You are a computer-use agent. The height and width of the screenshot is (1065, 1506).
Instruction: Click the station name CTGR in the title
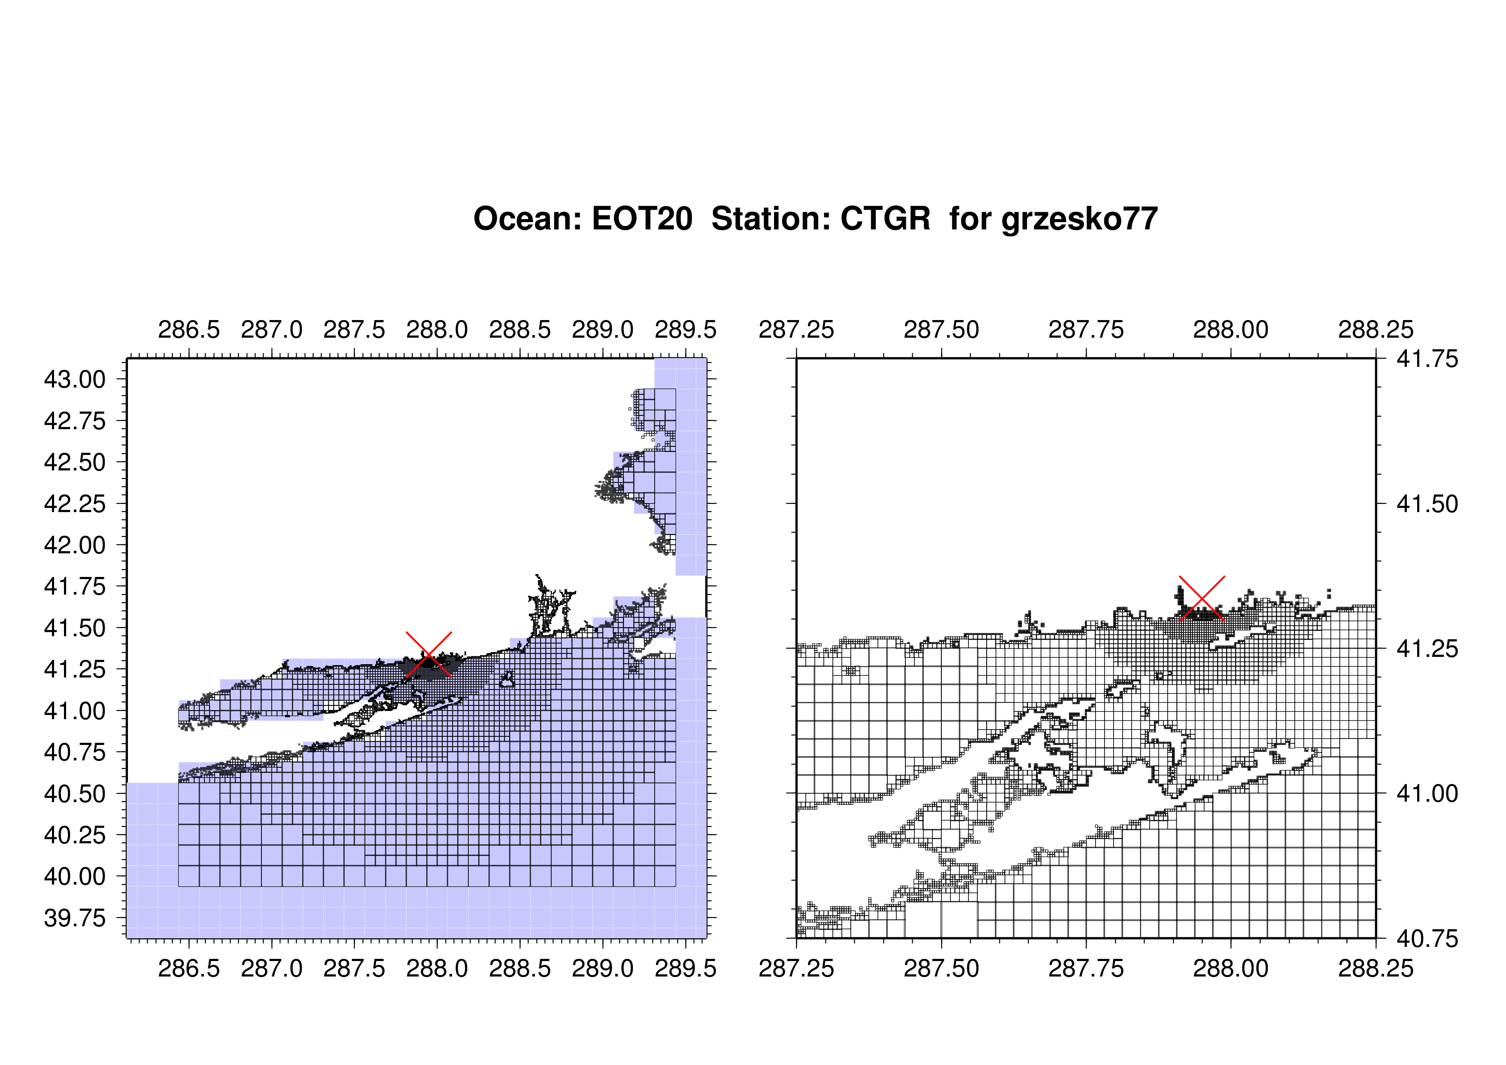click(886, 219)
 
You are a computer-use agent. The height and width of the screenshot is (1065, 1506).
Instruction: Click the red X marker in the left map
click(429, 654)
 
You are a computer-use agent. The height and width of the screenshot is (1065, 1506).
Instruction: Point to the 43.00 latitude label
click(75, 379)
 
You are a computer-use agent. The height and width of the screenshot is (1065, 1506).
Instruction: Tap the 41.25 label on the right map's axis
click(1427, 649)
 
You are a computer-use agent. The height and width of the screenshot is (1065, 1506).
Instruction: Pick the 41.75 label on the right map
click(1427, 359)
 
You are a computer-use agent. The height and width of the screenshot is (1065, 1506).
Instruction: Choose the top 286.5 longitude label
click(189, 330)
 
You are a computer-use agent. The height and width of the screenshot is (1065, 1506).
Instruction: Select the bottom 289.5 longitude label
click(686, 968)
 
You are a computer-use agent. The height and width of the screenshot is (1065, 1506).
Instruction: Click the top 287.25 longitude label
click(796, 330)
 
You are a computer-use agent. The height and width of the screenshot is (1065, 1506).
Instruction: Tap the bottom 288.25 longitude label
click(1376, 968)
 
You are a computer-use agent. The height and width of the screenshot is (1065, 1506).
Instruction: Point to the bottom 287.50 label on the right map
click(941, 968)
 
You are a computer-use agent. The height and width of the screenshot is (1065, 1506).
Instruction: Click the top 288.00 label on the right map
click(1230, 330)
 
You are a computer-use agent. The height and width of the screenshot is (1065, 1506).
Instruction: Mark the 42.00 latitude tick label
click(75, 545)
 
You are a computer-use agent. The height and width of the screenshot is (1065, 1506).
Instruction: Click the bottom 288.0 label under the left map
click(437, 968)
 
